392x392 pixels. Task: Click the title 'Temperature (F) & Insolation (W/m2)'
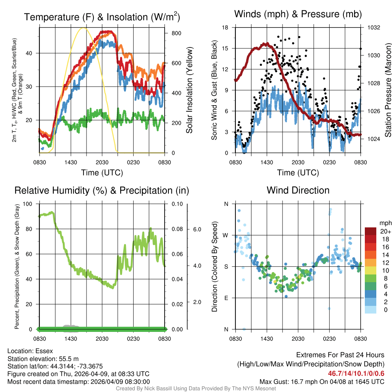102,17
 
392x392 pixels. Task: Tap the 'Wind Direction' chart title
298,190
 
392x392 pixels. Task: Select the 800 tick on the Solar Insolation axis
176,33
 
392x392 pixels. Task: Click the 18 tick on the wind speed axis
225,28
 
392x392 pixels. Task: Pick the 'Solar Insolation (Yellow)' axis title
189,90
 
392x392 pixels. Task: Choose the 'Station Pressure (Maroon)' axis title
387,90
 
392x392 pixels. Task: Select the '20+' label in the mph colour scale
385,231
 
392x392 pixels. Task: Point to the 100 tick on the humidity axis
28,204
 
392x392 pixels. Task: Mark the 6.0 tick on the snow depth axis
197,229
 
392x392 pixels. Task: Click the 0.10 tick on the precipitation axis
176,204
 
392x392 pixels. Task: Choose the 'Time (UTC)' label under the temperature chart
102,173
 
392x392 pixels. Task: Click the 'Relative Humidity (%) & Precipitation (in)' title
102,190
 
